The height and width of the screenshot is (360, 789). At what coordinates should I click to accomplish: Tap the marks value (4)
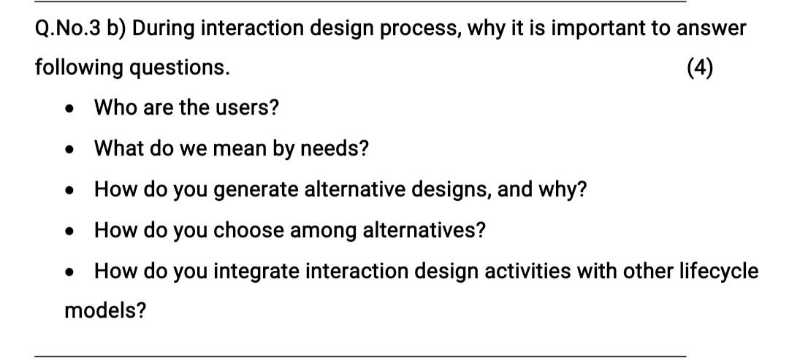(700, 68)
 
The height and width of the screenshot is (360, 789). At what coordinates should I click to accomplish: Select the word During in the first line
(162, 28)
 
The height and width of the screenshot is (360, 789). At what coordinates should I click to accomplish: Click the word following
(79, 69)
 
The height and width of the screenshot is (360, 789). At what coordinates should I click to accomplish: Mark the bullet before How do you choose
(69, 231)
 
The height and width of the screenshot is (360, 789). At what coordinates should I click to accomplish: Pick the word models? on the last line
(105, 311)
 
